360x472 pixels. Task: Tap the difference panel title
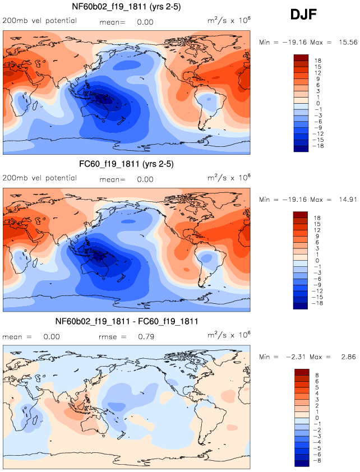[126, 322]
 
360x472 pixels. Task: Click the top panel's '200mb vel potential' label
[40, 21]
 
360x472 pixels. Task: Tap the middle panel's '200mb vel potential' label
[40, 178]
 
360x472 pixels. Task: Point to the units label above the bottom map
[229, 336]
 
